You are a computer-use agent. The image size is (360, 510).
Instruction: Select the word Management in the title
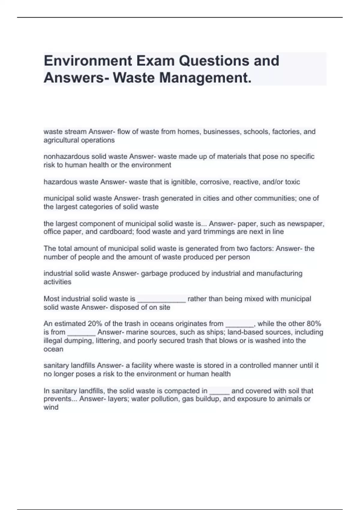204,78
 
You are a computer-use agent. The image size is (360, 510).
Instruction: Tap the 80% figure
314,324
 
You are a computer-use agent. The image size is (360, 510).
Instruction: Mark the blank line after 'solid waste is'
161,300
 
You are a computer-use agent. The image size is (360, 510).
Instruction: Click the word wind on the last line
51,407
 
